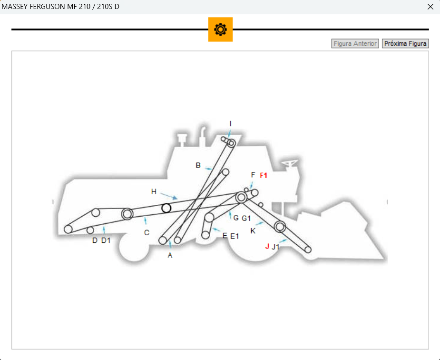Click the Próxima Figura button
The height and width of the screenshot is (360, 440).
click(405, 43)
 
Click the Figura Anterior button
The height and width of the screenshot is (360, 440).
click(355, 43)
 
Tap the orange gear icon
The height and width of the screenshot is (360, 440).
click(220, 30)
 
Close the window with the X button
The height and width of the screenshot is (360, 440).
click(430, 7)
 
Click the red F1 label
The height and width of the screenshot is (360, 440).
click(264, 175)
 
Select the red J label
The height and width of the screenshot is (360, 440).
click(267, 246)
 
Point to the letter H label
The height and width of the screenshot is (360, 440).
click(154, 191)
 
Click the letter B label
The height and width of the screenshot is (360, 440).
click(198, 165)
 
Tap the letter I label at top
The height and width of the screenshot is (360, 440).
click(231, 124)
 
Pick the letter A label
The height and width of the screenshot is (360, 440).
click(170, 255)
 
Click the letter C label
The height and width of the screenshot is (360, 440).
click(147, 233)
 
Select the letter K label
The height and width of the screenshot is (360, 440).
click(253, 231)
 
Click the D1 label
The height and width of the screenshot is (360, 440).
click(106, 240)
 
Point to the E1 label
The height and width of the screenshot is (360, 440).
click(235, 236)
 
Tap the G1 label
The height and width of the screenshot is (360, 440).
click(246, 219)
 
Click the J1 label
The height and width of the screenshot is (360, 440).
click(276, 247)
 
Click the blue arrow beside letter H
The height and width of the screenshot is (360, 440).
click(169, 195)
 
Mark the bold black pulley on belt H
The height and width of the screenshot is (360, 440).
click(166, 208)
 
